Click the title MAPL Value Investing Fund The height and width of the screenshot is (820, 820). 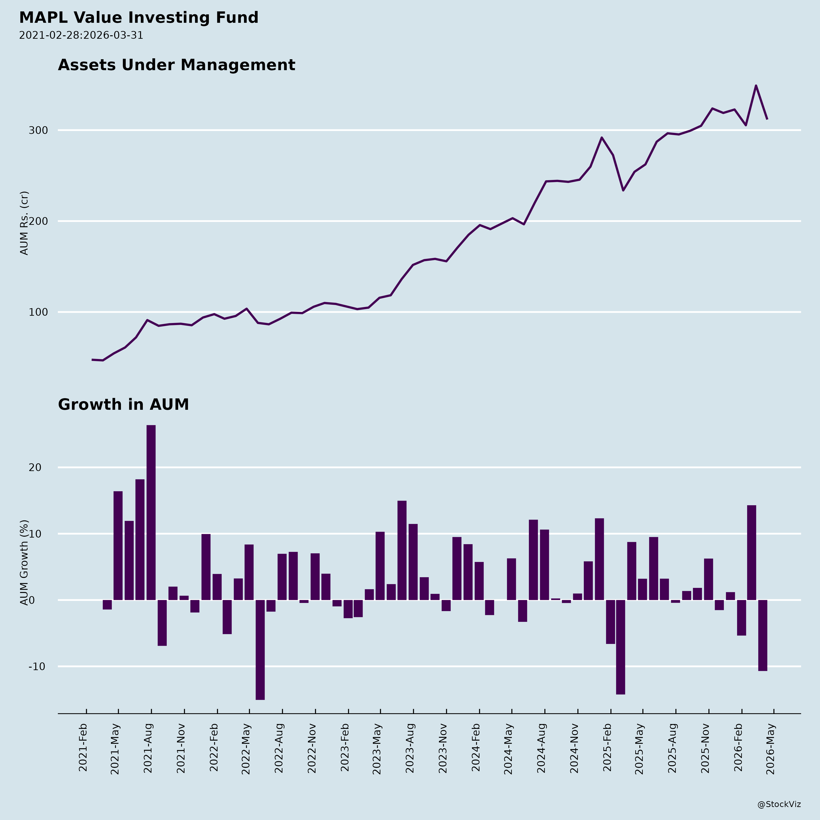click(x=139, y=18)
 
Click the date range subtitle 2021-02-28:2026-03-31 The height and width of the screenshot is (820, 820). click(x=81, y=35)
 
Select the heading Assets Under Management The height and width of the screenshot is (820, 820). click(x=177, y=65)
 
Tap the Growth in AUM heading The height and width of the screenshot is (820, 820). click(x=123, y=405)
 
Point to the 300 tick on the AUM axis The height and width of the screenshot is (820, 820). click(x=38, y=130)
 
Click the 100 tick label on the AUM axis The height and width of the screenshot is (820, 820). click(x=38, y=312)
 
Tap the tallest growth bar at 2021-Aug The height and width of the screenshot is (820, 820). click(x=151, y=512)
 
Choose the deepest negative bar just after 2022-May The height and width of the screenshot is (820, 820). click(x=260, y=649)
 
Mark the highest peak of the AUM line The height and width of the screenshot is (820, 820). click(x=756, y=86)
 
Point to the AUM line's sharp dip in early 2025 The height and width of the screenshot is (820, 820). click(x=623, y=190)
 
